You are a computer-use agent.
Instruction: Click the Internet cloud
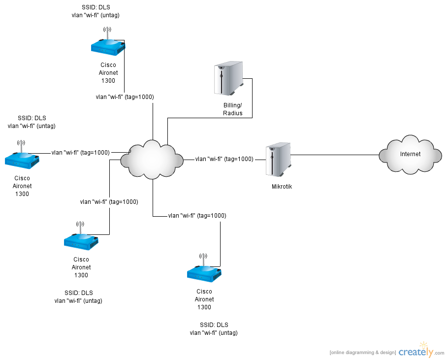tap(410, 155)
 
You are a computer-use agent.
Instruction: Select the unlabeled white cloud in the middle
tap(152, 160)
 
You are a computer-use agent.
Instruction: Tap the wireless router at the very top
tap(108, 46)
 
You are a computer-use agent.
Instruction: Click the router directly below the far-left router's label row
tap(81, 240)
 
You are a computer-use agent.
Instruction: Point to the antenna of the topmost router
tap(107, 33)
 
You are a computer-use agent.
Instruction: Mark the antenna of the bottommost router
tap(203, 260)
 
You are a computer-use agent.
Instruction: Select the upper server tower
tap(228, 77)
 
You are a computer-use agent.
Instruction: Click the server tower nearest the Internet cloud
tap(278, 159)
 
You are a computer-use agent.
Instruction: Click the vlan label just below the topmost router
tap(125, 98)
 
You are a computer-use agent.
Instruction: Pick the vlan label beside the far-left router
tap(80, 153)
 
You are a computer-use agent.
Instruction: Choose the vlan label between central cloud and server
tap(224, 159)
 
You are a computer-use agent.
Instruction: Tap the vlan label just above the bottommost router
tap(197, 216)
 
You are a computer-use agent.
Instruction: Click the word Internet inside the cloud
tap(410, 154)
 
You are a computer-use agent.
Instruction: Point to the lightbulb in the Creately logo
tap(422, 345)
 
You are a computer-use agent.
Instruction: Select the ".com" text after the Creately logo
tap(439, 353)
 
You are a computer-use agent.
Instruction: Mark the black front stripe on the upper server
tap(222, 80)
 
